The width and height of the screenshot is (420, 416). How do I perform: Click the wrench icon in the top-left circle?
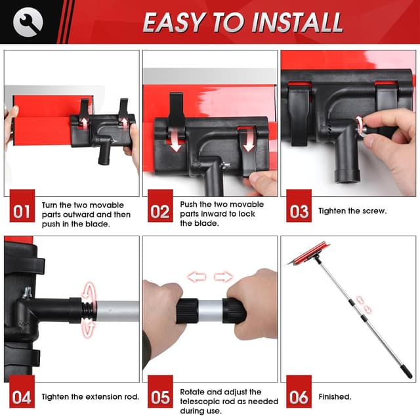pyautogui.click(x=28, y=22)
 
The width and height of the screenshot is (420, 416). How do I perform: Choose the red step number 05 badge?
pyautogui.click(x=159, y=396)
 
